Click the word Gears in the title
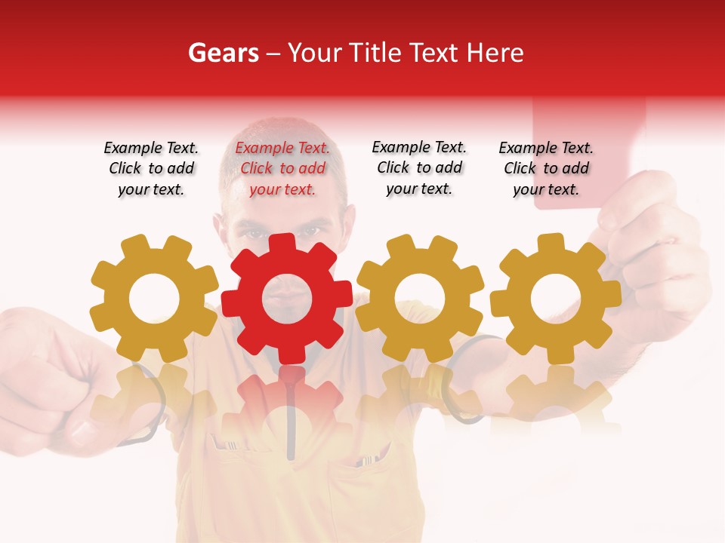tap(224, 53)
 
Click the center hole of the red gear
tap(287, 299)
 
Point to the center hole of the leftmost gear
tap(154, 299)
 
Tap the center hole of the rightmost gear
tap(556, 299)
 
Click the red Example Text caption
tap(282, 169)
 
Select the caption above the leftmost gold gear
tap(151, 169)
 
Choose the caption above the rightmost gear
tap(546, 169)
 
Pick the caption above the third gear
tap(419, 168)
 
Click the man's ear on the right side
tap(349, 226)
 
